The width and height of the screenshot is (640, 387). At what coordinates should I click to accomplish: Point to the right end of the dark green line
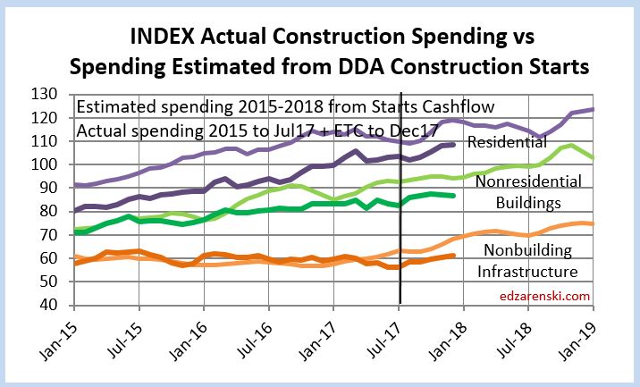coord(456,196)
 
